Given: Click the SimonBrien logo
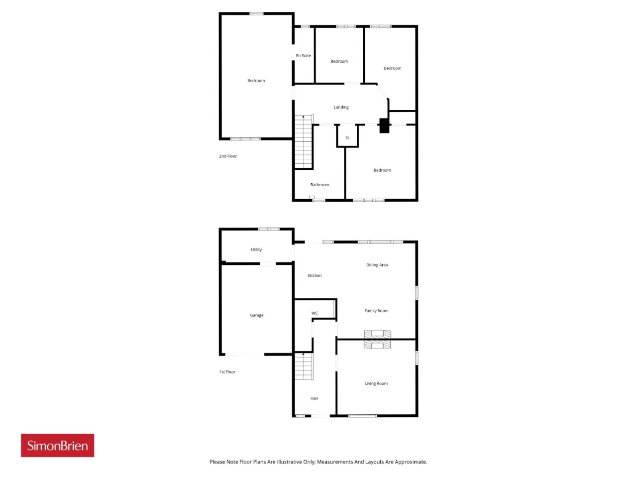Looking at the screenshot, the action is [57, 445].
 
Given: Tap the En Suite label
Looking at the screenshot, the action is [303, 55].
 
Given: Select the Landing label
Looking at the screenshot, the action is [341, 107].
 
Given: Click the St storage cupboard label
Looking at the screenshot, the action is [347, 137].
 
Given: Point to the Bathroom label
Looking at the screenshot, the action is [319, 185].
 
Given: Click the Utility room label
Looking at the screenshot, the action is [256, 249].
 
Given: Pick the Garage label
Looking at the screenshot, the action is [256, 315].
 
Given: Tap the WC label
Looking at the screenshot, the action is [315, 313].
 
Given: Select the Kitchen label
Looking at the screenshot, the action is [315, 275].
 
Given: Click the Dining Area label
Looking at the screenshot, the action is [377, 265].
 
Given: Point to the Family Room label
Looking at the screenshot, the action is [376, 311].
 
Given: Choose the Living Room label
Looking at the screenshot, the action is [376, 383].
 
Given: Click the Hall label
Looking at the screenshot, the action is [314, 398].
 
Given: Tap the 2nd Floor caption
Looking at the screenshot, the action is [228, 156].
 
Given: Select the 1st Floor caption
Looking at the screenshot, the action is [227, 372].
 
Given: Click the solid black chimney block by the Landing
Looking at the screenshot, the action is [384, 125].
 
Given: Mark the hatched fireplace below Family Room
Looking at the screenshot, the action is [377, 339].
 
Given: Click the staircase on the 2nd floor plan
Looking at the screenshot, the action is [304, 141].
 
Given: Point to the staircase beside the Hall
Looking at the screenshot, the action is [304, 366].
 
